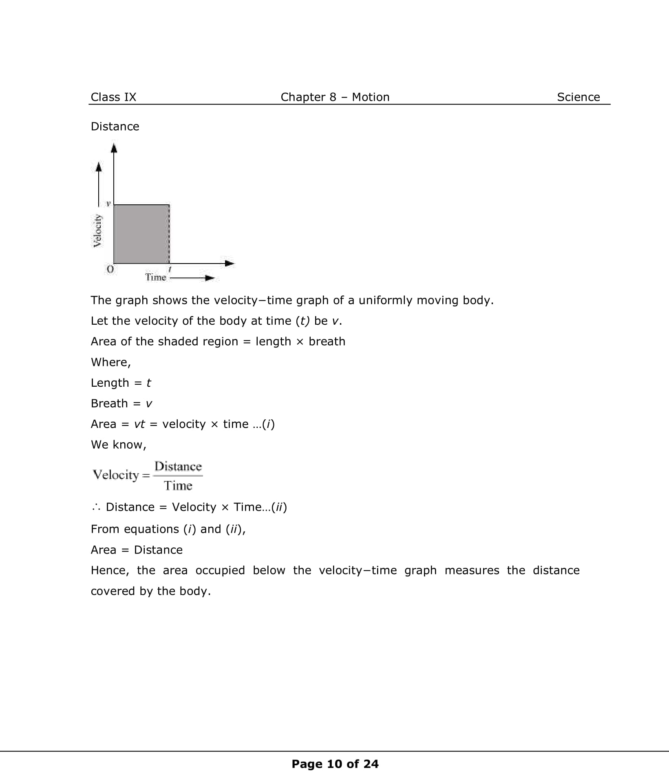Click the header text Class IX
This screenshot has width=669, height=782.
pos(113,97)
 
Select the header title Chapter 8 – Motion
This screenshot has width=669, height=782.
pos(335,97)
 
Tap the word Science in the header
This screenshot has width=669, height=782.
pos(578,97)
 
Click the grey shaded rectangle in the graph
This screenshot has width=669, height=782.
pos(141,234)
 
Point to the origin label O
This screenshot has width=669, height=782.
pos(110,269)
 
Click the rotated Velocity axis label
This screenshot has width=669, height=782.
pos(97,230)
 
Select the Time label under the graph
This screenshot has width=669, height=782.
pos(156,277)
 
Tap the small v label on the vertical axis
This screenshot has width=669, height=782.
pos(108,203)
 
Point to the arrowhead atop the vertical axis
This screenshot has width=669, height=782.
pos(114,148)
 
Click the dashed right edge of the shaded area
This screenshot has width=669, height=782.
pos(169,234)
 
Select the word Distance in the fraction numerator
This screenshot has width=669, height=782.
pos(178,466)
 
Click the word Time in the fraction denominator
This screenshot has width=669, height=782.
pos(178,485)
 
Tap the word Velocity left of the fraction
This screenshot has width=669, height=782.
pos(116,475)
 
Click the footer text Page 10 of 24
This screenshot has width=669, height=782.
pos(335,764)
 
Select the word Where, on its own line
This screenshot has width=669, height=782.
pos(110,362)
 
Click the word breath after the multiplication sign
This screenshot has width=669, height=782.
pos(327,341)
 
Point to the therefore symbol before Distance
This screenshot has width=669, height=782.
pos(96,507)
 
